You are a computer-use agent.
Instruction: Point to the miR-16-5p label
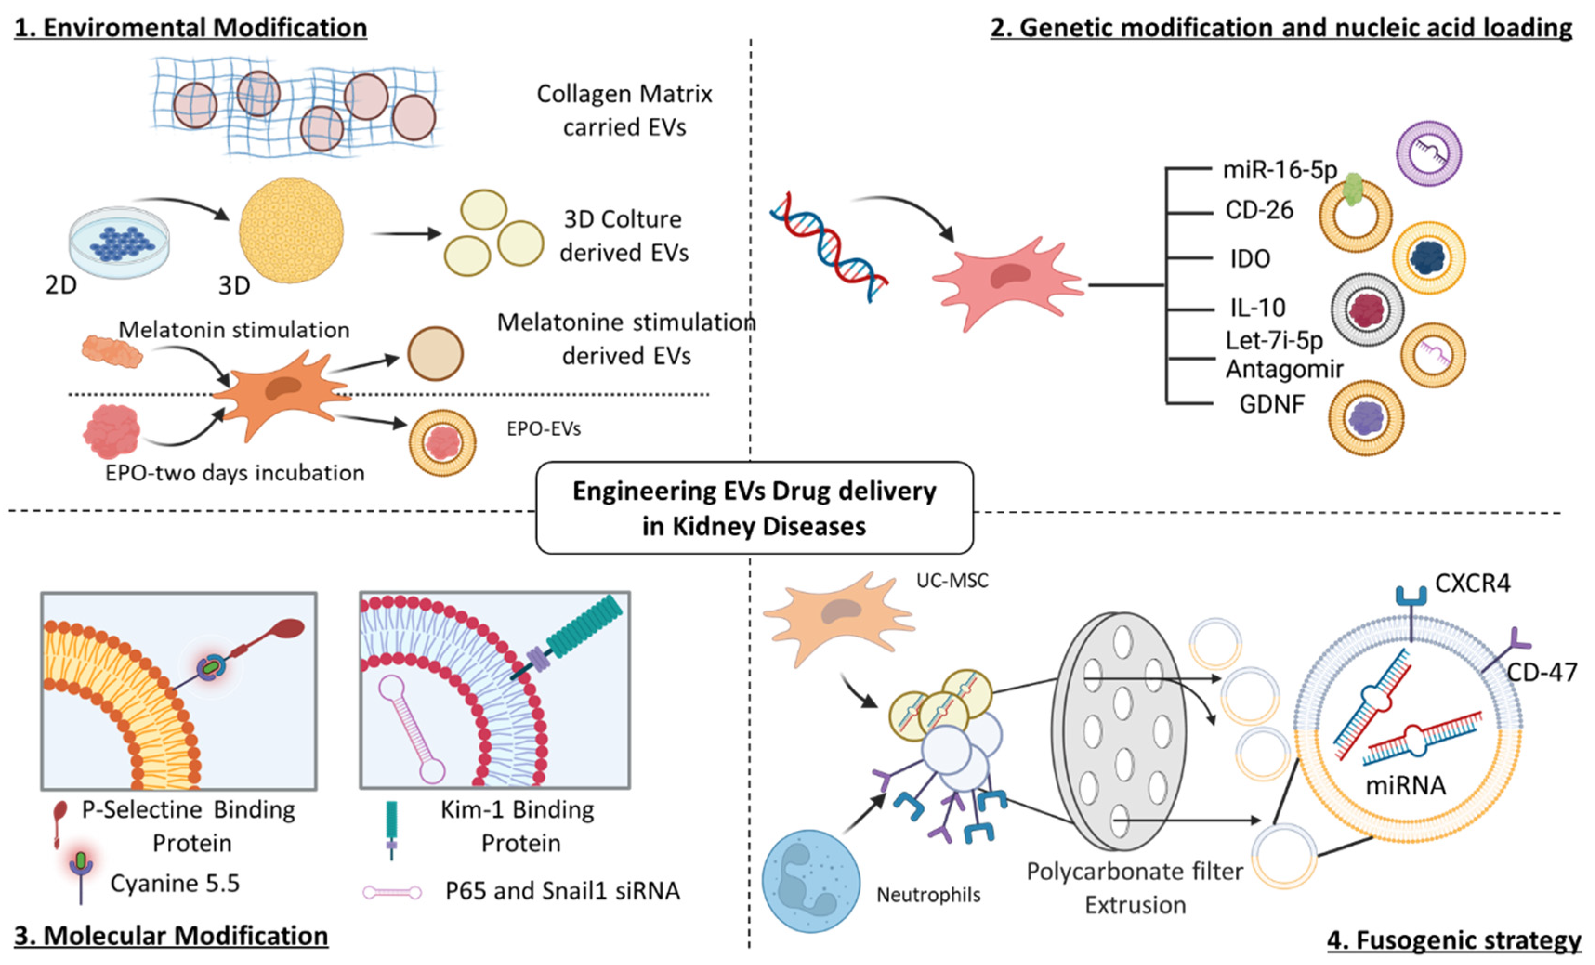tap(1279, 170)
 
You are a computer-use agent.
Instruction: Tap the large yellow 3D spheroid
tap(291, 231)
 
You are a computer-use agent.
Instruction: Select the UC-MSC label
tap(952, 581)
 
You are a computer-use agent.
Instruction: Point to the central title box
tap(754, 508)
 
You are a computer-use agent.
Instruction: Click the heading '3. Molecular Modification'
tap(171, 936)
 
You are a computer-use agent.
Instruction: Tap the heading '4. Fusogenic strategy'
tap(1453, 940)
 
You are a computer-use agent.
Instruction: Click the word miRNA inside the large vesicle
tap(1405, 786)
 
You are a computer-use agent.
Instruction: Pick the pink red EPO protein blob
tap(112, 432)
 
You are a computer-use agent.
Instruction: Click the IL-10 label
tap(1257, 308)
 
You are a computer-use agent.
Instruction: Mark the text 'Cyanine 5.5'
tap(175, 883)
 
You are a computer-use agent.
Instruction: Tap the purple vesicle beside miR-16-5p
tap(1429, 153)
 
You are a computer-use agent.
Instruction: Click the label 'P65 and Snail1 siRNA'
tap(562, 891)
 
